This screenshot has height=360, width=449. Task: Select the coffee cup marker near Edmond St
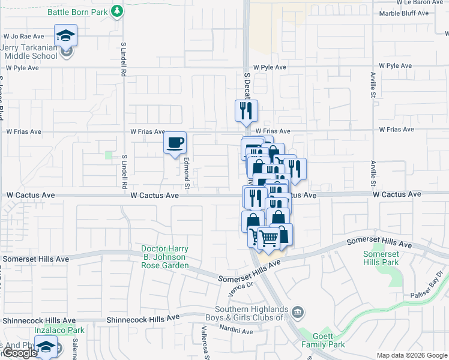175,143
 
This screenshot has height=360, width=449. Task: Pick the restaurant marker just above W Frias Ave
246,110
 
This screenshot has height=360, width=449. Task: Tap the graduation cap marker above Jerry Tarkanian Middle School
65,35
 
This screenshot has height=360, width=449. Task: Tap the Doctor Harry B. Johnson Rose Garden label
165,257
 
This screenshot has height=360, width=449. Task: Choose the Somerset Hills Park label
381,259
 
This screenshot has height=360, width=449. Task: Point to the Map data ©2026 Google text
412,355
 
